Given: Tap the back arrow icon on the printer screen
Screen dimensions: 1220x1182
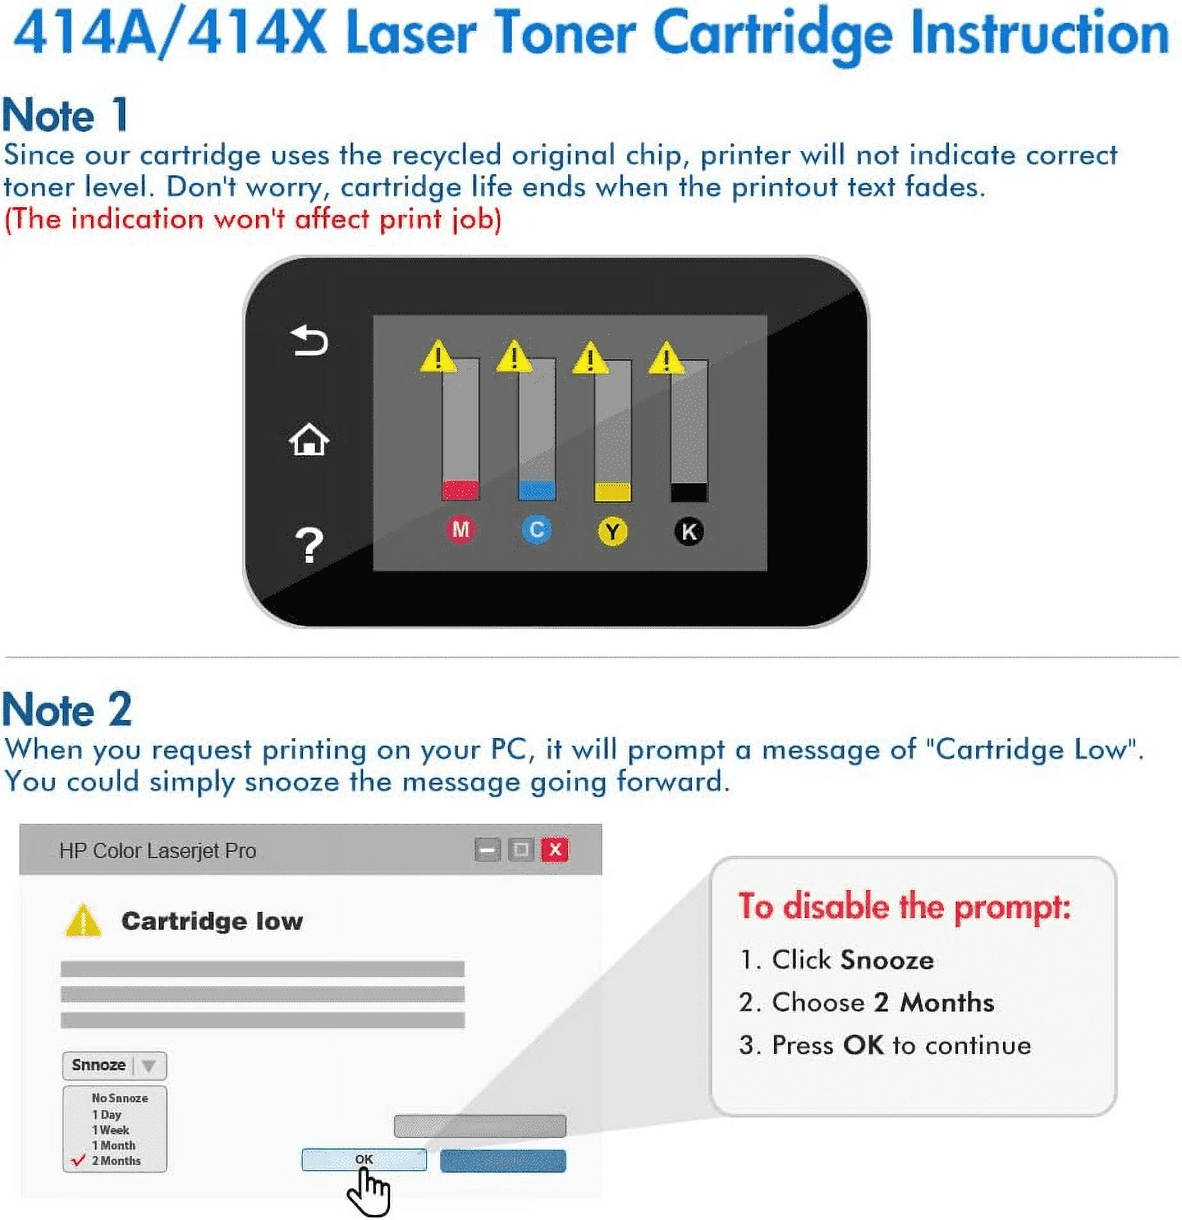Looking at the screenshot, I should [309, 340].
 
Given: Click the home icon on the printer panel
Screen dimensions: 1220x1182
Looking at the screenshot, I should [309, 440].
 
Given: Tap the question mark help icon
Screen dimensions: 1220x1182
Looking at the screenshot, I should [309, 545].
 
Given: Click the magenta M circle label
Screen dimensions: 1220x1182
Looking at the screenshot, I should [461, 529].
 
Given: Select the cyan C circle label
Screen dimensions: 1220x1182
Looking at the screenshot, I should [537, 529].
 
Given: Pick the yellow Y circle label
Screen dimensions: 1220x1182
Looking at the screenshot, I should [612, 531].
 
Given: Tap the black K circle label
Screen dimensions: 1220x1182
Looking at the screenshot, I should [689, 531].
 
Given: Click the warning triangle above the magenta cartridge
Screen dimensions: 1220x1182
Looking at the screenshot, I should [438, 357].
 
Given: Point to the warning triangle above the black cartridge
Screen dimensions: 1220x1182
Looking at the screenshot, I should [666, 359].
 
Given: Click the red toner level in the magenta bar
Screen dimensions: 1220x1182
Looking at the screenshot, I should [461, 490].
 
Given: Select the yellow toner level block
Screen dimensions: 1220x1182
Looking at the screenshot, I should [612, 492].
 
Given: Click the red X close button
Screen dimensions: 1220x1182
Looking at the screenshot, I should [555, 850].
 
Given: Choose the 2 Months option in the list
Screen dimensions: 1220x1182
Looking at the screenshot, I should [116, 1161].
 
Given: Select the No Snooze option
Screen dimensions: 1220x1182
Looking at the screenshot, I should [120, 1098].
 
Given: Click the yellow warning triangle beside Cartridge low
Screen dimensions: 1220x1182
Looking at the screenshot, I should [83, 921].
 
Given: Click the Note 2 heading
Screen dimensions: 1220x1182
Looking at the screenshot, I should [67, 710].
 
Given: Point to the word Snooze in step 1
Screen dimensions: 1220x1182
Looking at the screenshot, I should [886, 960].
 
